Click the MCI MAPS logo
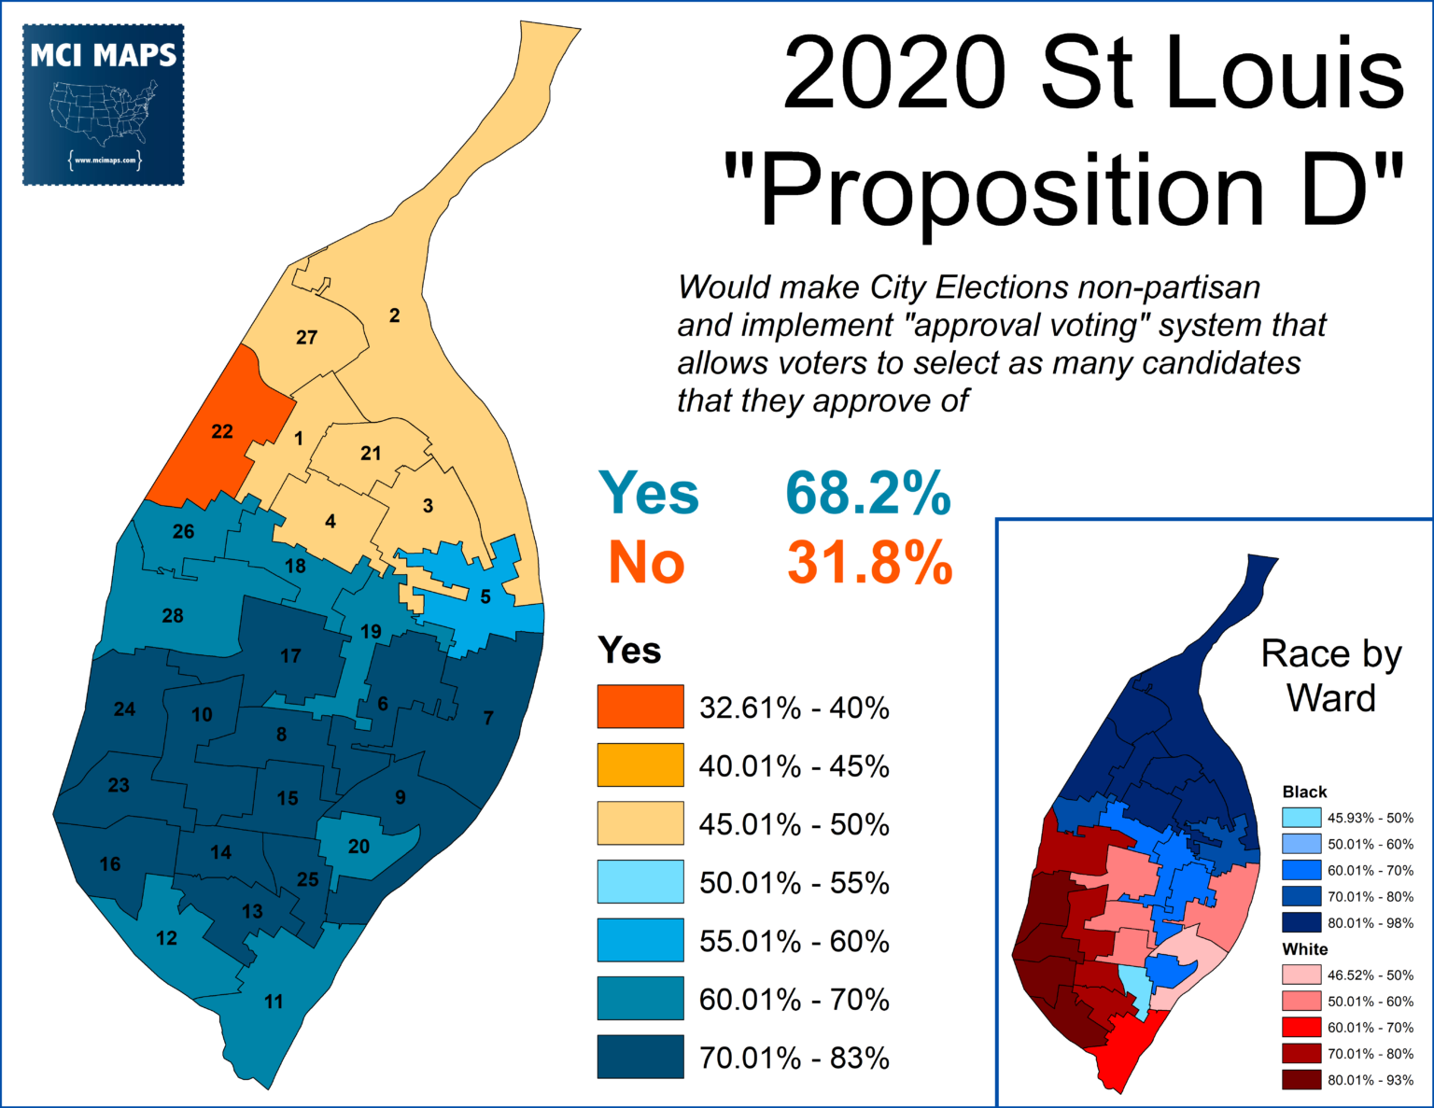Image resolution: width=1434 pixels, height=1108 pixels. pos(103,105)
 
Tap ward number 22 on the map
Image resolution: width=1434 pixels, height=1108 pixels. pos(222,431)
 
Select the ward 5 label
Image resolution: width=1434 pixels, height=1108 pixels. pos(485,596)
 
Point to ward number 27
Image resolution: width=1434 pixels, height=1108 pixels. pos(306,338)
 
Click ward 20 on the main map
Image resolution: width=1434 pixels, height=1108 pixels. pos(359,847)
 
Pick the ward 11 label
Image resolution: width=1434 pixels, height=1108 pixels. pos(274,1002)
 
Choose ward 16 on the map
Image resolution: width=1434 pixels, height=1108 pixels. pos(110,864)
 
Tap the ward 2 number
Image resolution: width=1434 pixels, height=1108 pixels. pos(394,316)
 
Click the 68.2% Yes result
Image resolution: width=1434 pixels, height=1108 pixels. pos(867,493)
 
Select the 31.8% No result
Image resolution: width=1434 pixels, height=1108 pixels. pos(869,563)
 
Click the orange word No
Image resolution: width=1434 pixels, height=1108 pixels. pos(646,563)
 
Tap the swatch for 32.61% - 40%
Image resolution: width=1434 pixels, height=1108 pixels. pos(640,707)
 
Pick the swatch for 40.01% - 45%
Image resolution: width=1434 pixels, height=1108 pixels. pos(640,765)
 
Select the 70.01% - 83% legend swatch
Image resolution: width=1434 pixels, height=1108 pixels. pos(640,1057)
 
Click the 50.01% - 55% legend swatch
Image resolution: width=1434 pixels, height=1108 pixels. pos(640,882)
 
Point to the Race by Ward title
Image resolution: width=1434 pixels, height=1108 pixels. pos(1331,675)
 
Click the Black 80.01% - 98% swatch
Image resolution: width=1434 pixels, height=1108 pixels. pos(1301,922)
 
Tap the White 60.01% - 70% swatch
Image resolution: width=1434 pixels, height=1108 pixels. pos(1301,1027)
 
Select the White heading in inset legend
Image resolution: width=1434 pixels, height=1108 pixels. pos(1304,949)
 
